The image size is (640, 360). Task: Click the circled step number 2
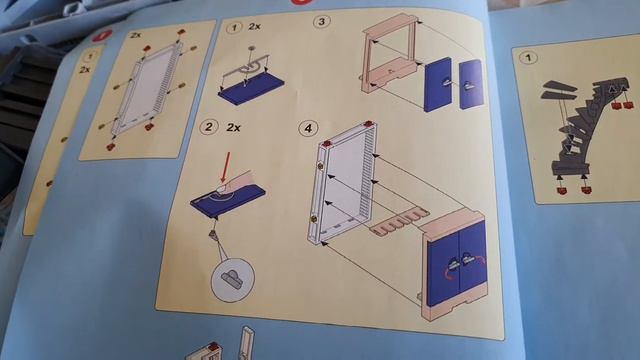tap(209, 127)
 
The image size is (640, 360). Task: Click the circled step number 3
tap(321, 21)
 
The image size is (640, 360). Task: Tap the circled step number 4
tap(308, 128)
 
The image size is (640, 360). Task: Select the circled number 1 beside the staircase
tap(529, 57)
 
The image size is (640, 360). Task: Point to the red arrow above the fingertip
tap(225, 167)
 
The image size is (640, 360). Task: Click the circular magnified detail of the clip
tap(233, 280)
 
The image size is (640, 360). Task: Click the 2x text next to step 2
tap(233, 128)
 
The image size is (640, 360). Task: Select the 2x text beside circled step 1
tap(254, 27)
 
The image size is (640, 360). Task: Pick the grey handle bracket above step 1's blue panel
tap(245, 68)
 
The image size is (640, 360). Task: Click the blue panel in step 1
tap(251, 92)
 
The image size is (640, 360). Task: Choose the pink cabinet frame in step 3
tap(391, 53)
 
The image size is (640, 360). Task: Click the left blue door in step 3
tap(438, 84)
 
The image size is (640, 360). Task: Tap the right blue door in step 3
tap(471, 84)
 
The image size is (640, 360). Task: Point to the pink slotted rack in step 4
tap(399, 223)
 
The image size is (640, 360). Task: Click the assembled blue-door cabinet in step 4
tap(454, 266)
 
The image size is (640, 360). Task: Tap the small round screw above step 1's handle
tap(252, 49)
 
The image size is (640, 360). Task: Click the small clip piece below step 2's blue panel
tap(213, 235)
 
